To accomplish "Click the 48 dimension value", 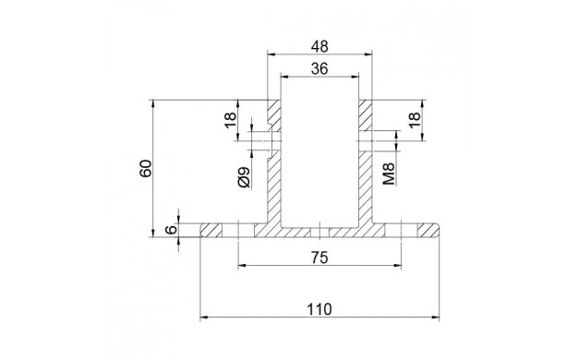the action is pyautogui.click(x=319, y=47).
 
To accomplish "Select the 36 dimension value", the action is pyautogui.click(x=319, y=69).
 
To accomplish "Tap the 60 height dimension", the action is pyautogui.click(x=146, y=168).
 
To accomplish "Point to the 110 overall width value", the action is pyautogui.click(x=319, y=309).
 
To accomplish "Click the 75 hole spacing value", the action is pyautogui.click(x=319, y=258).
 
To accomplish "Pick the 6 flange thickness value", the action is pyautogui.click(x=171, y=230).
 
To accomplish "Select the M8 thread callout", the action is pyautogui.click(x=389, y=174).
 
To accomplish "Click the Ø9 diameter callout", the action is pyautogui.click(x=244, y=177).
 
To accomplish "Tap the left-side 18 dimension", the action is pyautogui.click(x=230, y=120).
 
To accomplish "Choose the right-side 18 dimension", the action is pyautogui.click(x=415, y=120).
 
